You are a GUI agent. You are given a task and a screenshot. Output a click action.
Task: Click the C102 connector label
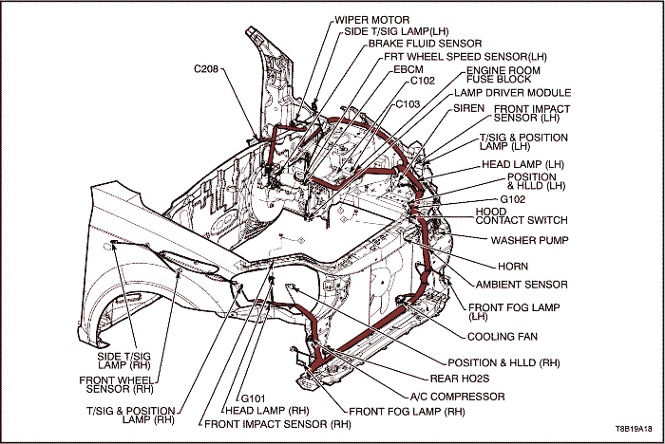(x=424, y=82)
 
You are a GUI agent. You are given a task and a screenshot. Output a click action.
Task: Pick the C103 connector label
(x=408, y=103)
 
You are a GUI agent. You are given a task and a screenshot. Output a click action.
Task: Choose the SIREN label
(x=468, y=109)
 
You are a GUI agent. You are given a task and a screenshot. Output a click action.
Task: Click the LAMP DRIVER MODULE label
(x=513, y=93)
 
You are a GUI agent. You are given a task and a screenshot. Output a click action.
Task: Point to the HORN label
(x=512, y=267)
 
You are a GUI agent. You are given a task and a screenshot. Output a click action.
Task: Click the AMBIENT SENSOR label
(x=522, y=285)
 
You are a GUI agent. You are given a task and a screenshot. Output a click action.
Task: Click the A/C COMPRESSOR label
(x=457, y=397)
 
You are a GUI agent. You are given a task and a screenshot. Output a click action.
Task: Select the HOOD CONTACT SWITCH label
(x=521, y=216)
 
